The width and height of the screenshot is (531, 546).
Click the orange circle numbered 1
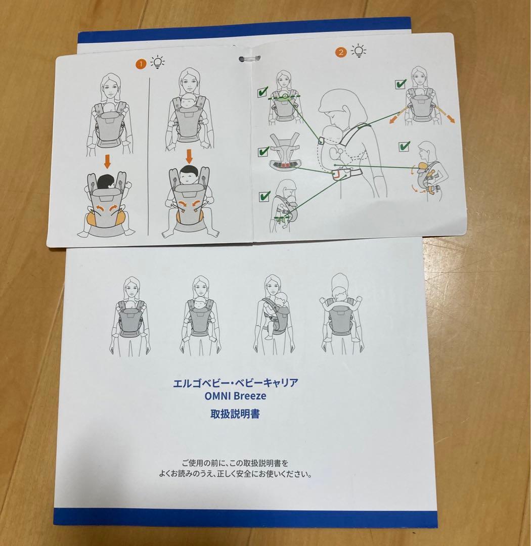(x=141, y=64)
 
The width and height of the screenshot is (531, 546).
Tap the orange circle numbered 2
(x=341, y=52)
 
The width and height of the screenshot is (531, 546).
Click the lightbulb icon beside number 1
(x=157, y=62)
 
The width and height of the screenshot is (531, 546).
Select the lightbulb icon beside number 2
(x=359, y=51)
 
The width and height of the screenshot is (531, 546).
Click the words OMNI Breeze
(x=235, y=396)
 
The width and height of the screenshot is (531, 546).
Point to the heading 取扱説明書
(x=235, y=414)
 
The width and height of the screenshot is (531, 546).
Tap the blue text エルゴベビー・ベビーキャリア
(x=236, y=383)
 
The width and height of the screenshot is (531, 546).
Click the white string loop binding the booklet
(x=249, y=59)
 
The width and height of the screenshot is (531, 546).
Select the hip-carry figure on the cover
(x=274, y=315)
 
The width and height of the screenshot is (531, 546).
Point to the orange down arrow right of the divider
(x=189, y=156)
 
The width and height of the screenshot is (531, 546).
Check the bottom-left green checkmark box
(x=264, y=196)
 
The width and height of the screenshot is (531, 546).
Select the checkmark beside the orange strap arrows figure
(x=401, y=84)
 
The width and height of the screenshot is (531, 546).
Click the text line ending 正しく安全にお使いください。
(x=236, y=474)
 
